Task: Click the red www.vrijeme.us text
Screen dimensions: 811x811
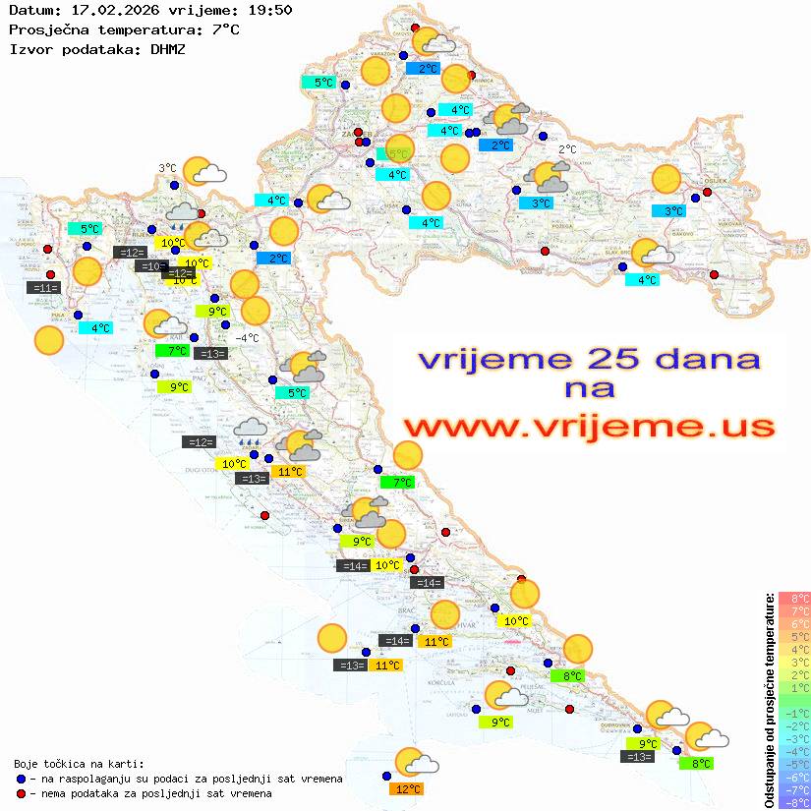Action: click(x=589, y=427)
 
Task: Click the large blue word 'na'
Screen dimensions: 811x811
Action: click(x=590, y=388)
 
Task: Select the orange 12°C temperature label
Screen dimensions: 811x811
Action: click(x=407, y=788)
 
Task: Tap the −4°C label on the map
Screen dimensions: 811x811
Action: click(x=246, y=338)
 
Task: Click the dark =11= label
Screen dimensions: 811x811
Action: click(x=45, y=288)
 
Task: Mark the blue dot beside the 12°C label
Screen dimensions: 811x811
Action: click(x=386, y=776)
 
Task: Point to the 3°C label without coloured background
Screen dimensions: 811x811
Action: click(x=167, y=168)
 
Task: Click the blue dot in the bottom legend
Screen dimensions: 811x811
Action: click(x=21, y=779)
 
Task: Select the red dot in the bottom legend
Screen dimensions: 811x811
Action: click(x=21, y=793)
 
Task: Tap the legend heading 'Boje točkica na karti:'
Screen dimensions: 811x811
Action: click(x=79, y=763)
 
